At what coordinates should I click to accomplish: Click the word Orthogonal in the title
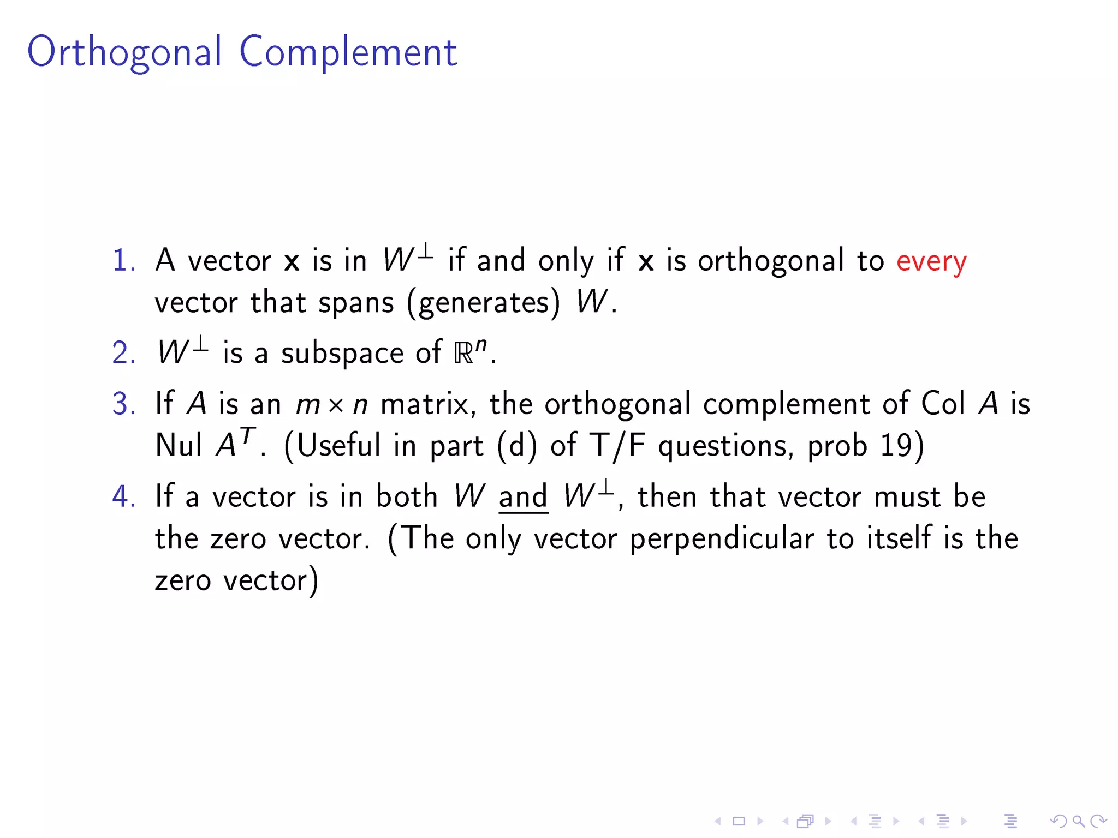tap(124, 52)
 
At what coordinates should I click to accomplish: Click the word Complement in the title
tap(348, 52)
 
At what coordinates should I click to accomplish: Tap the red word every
tap(931, 261)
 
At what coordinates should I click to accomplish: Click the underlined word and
tap(522, 496)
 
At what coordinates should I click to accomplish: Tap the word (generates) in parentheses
tap(484, 302)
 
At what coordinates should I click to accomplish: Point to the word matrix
tap(425, 404)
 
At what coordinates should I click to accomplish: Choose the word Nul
tap(179, 445)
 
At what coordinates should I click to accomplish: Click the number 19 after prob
tap(896, 445)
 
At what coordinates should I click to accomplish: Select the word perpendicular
tap(722, 539)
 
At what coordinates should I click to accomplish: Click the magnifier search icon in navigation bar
tap(1078, 821)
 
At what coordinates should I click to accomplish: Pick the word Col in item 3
tap(943, 404)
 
